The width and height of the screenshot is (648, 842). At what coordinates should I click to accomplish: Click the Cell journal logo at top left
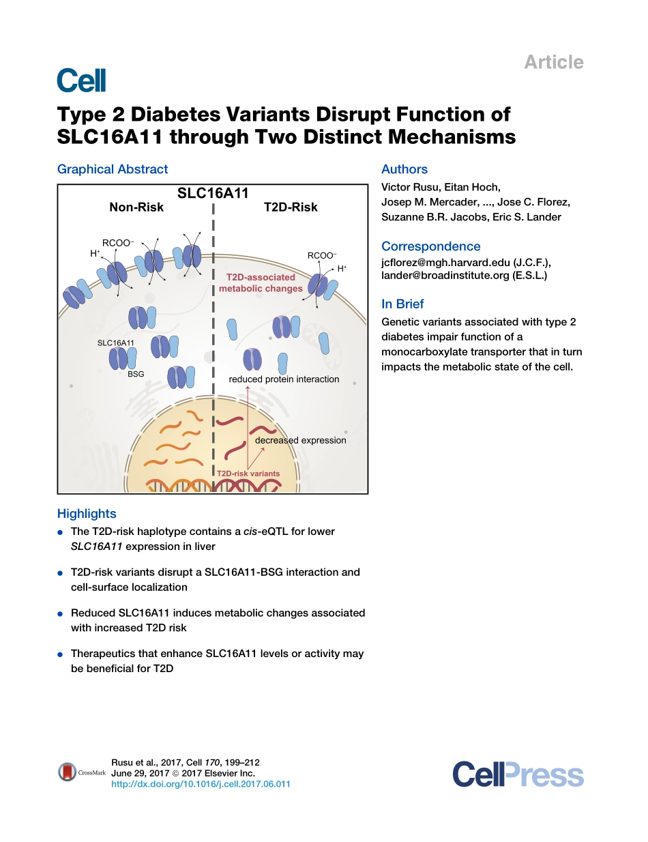[x=81, y=81]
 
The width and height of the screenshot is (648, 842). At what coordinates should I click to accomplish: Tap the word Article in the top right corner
[x=553, y=62]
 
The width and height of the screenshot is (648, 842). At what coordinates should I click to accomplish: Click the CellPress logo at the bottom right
[x=518, y=776]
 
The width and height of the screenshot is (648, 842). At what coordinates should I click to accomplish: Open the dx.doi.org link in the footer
[x=201, y=784]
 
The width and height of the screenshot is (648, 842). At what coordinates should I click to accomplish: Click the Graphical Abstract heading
[x=113, y=169]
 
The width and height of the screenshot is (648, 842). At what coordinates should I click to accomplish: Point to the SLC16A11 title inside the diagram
[x=213, y=193]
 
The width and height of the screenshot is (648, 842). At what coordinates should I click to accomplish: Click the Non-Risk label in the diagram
[x=136, y=207]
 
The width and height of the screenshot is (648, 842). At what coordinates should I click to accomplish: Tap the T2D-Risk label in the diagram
[x=291, y=207]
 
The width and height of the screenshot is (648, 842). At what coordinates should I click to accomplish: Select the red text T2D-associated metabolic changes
[x=261, y=282]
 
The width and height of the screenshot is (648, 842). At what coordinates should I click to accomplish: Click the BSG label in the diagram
[x=136, y=374]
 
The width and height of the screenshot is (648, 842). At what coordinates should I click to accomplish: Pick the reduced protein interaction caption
[x=284, y=379]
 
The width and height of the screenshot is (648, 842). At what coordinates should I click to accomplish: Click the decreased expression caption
[x=300, y=440]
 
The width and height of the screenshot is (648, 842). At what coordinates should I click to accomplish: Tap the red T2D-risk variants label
[x=248, y=473]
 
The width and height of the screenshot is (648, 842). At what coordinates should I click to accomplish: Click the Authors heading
[x=404, y=169]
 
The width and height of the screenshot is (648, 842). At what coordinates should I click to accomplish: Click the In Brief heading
[x=402, y=304]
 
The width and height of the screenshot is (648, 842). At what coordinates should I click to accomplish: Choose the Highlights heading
[x=87, y=514]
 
